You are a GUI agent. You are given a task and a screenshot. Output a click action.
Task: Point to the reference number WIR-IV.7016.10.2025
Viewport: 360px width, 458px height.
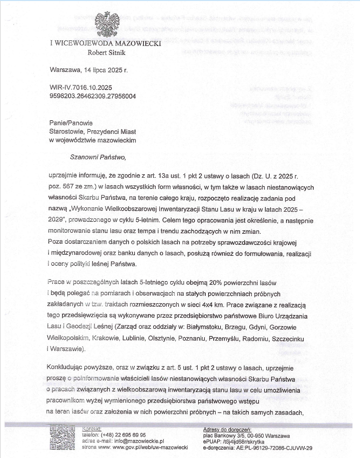point(80,87)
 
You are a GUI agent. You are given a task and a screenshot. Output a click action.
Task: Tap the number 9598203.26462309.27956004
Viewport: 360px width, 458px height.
point(93,95)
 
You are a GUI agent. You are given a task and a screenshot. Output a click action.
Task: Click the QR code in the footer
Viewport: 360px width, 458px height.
point(63,439)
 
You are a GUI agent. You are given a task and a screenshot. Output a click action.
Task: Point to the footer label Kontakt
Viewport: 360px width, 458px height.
point(91,429)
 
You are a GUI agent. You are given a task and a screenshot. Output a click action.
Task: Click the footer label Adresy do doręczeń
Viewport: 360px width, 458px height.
point(228,429)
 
